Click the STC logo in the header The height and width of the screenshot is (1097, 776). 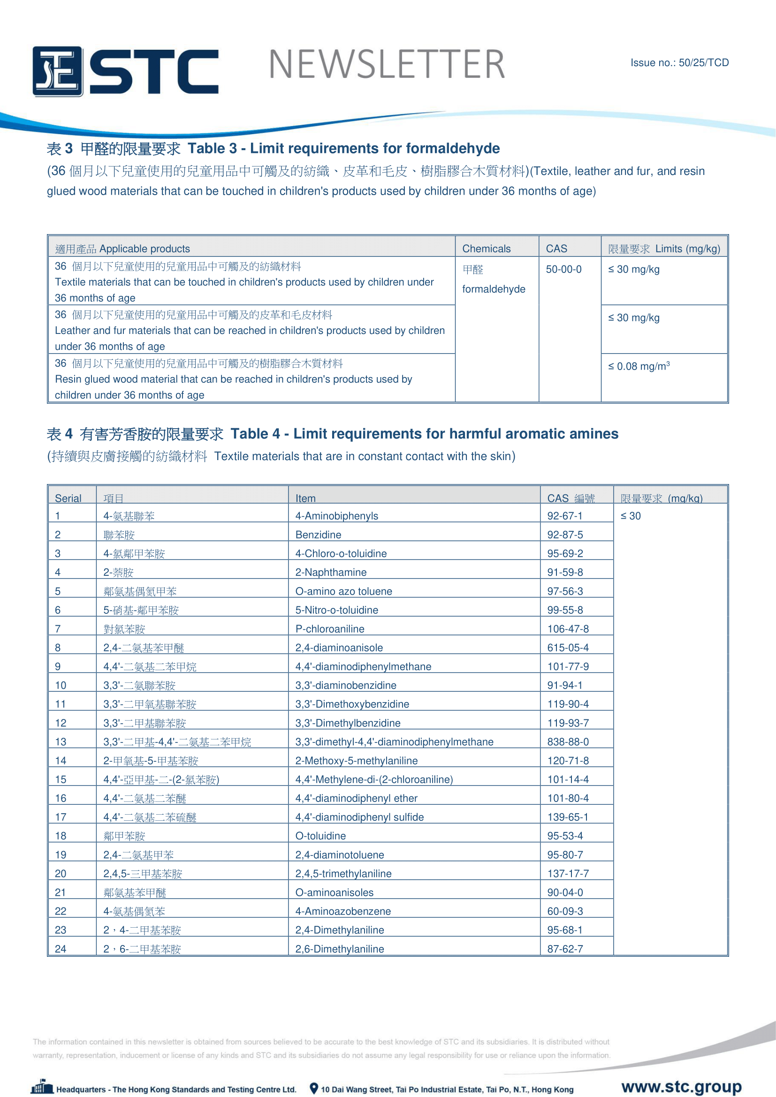(125, 71)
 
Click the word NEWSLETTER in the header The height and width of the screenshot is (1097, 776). (387, 65)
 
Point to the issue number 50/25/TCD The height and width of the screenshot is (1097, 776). (679, 62)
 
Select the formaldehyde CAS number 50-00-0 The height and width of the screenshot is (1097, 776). (563, 270)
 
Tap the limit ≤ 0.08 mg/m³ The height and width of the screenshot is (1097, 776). (639, 366)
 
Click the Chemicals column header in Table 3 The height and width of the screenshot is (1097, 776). (486, 249)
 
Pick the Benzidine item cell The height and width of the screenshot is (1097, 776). (318, 535)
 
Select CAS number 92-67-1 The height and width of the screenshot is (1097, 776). (564, 516)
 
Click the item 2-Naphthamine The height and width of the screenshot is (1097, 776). (331, 572)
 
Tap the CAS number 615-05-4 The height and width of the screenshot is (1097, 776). (568, 648)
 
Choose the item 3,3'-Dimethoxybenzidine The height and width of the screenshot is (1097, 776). (352, 704)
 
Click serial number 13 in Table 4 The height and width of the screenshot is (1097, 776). (61, 742)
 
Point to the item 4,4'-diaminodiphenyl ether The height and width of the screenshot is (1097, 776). (356, 798)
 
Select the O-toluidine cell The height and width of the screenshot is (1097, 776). (320, 836)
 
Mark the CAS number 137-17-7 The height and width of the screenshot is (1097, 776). (568, 874)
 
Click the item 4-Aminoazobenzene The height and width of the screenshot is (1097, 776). (342, 912)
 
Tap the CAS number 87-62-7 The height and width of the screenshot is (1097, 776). (565, 949)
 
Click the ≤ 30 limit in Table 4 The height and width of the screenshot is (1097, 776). (630, 516)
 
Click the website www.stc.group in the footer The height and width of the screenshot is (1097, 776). (681, 1087)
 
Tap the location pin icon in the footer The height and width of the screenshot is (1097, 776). (313, 1089)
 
